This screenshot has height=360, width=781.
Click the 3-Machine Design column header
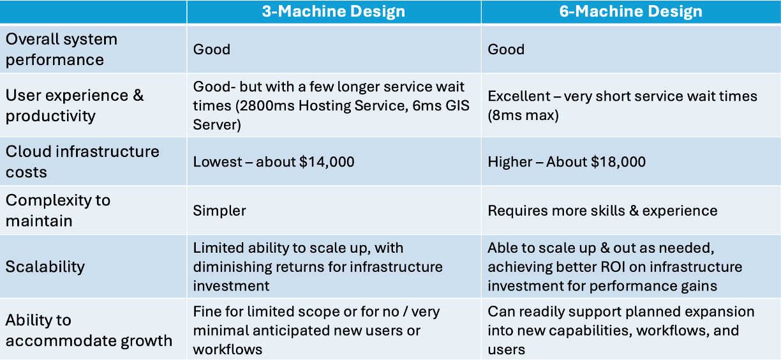coord(334,11)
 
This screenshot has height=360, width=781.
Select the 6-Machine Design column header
coord(630,11)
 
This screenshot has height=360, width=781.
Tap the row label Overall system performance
coord(61,49)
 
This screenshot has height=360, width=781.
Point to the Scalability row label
coord(45,267)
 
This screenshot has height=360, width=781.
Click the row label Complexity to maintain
coord(58,211)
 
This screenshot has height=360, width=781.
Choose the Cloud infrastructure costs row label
coord(82,161)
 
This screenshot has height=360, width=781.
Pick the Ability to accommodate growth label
coord(89,331)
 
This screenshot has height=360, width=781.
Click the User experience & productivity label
coord(74,105)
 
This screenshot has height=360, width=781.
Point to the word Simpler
coord(219,211)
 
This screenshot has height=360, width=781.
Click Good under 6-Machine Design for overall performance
coord(506,49)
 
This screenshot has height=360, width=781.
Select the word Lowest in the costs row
coord(218,162)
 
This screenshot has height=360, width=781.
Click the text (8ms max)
coord(523,115)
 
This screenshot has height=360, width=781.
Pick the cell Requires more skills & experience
coord(602,211)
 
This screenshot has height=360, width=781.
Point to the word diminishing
coord(232,267)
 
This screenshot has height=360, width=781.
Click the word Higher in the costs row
coord(510,162)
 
